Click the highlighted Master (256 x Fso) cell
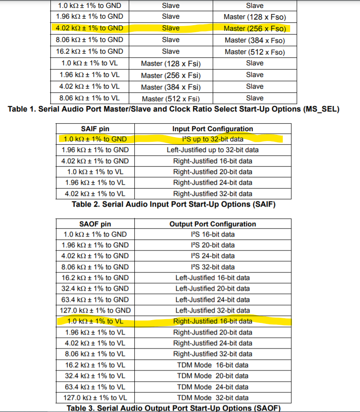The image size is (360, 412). (x=254, y=28)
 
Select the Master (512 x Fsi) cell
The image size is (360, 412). (x=171, y=98)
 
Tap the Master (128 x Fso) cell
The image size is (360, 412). (x=254, y=17)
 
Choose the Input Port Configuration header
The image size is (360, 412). (x=213, y=129)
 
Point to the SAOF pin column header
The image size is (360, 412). (x=96, y=224)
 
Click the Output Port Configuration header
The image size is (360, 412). (x=213, y=224)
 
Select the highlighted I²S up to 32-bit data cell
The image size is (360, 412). (x=213, y=139)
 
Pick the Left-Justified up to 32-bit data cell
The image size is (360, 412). (x=213, y=150)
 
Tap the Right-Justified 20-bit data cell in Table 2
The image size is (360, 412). (x=213, y=172)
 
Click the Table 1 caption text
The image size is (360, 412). (x=173, y=109)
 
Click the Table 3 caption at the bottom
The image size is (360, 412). (x=173, y=408)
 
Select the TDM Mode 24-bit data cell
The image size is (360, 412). (x=213, y=387)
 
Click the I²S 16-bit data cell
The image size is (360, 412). (x=213, y=234)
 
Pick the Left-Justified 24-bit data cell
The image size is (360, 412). (x=213, y=300)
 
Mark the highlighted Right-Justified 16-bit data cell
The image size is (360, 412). (x=213, y=321)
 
